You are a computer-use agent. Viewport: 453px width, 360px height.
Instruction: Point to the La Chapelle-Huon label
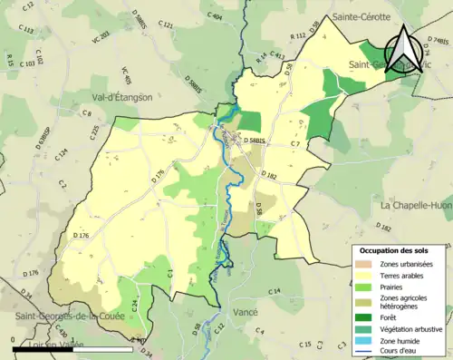click(416, 205)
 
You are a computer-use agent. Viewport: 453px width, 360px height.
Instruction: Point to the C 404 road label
click(215, 16)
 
